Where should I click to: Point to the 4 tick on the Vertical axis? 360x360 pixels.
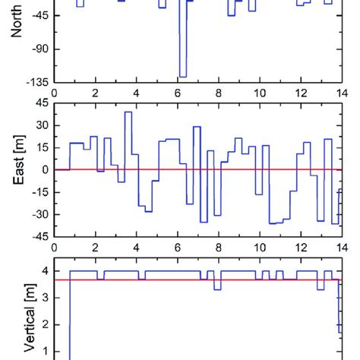[45, 271]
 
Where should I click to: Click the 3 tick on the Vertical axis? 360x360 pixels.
[45, 298]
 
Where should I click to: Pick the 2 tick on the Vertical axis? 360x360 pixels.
[45, 325]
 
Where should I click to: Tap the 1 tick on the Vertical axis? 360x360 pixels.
[45, 352]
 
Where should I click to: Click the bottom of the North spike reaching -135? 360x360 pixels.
[182, 77]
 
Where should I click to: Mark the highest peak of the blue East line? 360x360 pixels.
[128, 112]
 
